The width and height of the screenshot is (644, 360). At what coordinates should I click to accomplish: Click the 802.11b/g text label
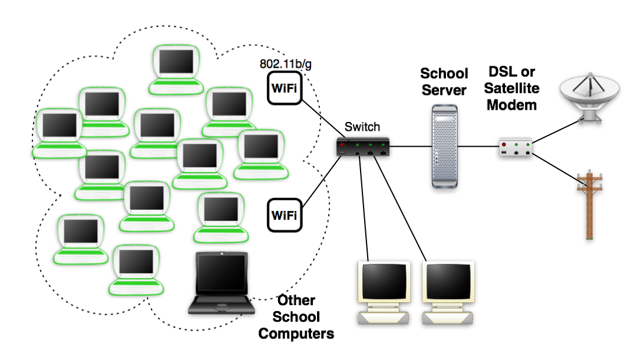(x=286, y=63)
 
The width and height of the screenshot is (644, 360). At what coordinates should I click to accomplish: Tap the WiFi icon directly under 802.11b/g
(x=285, y=88)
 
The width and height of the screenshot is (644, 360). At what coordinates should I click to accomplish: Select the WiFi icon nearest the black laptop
(x=285, y=215)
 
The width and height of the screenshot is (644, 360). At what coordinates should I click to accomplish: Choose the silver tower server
(x=444, y=146)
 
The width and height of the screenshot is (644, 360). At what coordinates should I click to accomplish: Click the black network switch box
(x=363, y=147)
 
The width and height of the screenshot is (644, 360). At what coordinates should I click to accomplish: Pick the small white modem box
(x=516, y=147)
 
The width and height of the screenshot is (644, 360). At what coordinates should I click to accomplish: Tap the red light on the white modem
(x=504, y=144)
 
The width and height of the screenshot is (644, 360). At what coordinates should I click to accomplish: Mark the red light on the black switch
(x=342, y=144)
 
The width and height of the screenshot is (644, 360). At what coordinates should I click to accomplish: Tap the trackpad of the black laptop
(x=222, y=305)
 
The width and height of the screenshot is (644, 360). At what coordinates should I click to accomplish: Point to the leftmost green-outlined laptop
(x=58, y=133)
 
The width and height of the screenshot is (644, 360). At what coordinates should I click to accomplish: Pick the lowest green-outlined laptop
(x=136, y=269)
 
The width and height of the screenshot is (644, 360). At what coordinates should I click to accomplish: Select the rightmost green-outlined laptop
(x=261, y=154)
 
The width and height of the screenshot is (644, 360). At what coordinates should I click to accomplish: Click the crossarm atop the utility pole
(x=589, y=176)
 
